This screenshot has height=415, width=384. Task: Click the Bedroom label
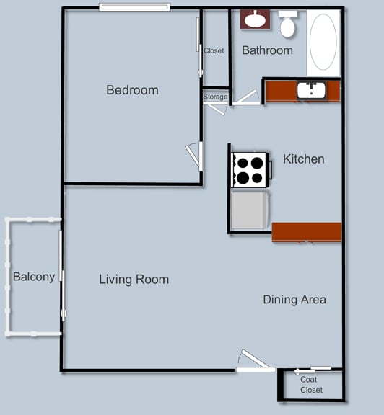pyautogui.click(x=132, y=90)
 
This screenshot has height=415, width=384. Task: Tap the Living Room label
pyautogui.click(x=134, y=280)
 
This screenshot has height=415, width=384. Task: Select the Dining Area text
pyautogui.click(x=294, y=300)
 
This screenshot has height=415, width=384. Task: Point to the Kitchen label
pyautogui.click(x=304, y=159)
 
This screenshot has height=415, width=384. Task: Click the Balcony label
pyautogui.click(x=34, y=277)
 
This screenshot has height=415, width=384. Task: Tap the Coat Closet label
pyautogui.click(x=311, y=385)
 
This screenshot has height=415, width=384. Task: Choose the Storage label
pyautogui.click(x=215, y=97)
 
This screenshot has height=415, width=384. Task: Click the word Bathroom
pyautogui.click(x=267, y=50)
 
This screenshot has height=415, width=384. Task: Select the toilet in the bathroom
pyautogui.click(x=288, y=24)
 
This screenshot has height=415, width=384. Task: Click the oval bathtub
pyautogui.click(x=323, y=43)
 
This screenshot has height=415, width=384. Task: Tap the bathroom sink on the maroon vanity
pyautogui.click(x=255, y=19)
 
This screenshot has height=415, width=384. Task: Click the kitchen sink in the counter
pyautogui.click(x=312, y=90)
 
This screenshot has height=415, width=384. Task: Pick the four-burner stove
pyautogui.click(x=250, y=169)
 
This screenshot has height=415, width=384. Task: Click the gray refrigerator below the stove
pyautogui.click(x=250, y=210)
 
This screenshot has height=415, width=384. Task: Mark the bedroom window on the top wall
pyautogui.click(x=135, y=7)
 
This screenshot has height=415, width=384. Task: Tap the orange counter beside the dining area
pyautogui.click(x=307, y=232)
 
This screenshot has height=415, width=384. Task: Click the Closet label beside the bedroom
pyautogui.click(x=214, y=50)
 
